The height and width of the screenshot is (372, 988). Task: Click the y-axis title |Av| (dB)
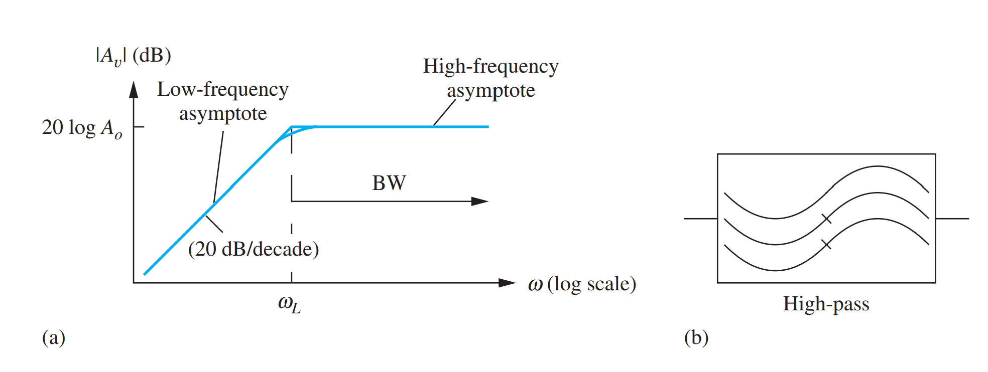(133, 56)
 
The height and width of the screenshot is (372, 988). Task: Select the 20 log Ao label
(82, 128)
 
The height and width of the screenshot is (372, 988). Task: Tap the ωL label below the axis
(289, 304)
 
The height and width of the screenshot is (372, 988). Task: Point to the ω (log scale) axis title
(582, 284)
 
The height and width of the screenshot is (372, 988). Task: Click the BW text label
(389, 183)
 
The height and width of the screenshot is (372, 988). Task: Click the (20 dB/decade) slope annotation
(254, 249)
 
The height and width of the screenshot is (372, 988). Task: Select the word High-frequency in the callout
(490, 67)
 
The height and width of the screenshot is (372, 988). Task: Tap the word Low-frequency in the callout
(223, 90)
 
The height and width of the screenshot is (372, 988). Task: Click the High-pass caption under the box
(826, 304)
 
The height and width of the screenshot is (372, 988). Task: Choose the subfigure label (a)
(54, 338)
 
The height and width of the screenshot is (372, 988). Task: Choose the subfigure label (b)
(696, 338)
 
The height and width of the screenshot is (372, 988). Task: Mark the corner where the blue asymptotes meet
(292, 127)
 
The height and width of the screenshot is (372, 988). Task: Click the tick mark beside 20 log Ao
(138, 127)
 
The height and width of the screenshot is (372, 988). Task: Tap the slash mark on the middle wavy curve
(826, 219)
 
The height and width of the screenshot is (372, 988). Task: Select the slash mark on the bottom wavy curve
(826, 245)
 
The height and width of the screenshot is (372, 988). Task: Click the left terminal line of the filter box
(700, 219)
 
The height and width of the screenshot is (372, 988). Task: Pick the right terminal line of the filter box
(952, 219)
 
